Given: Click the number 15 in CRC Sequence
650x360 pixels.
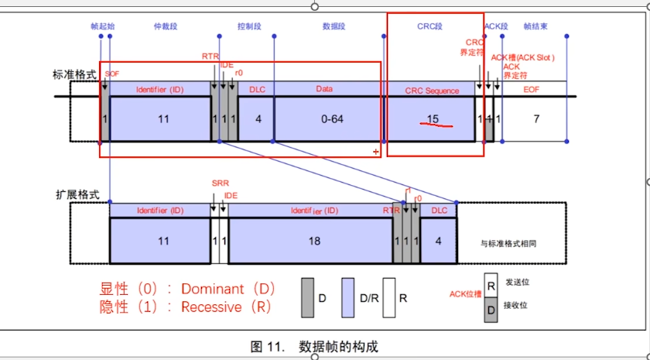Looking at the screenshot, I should coord(433,119).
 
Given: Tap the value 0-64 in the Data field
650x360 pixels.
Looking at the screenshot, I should coord(332,119).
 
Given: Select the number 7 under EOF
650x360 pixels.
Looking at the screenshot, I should coord(534,119).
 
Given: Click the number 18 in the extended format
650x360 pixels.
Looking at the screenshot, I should coord(314,242).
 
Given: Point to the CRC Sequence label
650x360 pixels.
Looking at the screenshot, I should coord(432,91).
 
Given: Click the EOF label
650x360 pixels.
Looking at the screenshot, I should coord(532,91).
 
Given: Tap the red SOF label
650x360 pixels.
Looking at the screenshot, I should coord(112,73).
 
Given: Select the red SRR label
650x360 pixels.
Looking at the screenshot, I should coord(220,183).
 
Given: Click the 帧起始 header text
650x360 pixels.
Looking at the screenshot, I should coord(102,26).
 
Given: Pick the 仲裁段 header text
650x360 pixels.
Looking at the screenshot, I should coord(166,26).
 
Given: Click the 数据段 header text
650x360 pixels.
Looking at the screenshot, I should coord(334,26).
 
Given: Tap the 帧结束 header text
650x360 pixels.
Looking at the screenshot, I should coord(535,26).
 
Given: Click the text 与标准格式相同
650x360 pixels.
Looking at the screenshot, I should coord(508,242).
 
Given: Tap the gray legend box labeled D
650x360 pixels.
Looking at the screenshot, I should coord(307,297).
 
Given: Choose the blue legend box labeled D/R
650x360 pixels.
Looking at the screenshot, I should coord(349,297).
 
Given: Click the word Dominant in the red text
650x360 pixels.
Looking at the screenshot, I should coord(217,289).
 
